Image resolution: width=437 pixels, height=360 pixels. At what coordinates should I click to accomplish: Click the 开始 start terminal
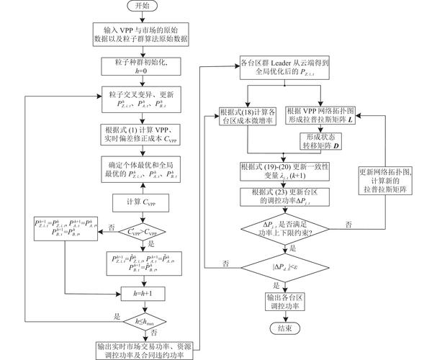(x=139, y=6)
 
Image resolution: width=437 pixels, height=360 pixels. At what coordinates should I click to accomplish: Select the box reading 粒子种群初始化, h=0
(x=139, y=67)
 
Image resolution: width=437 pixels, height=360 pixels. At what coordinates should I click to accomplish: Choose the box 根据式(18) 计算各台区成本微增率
(x=248, y=117)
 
